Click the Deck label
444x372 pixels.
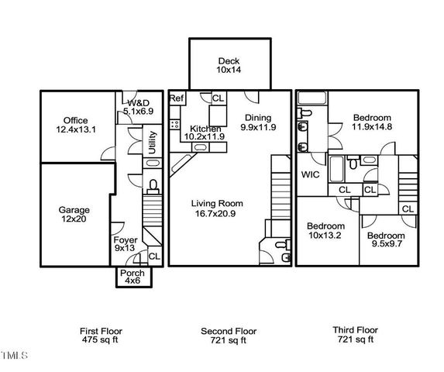click(229, 60)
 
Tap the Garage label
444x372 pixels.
click(74, 209)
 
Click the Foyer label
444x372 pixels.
click(126, 239)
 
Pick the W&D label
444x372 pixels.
click(138, 103)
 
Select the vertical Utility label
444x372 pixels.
click(153, 143)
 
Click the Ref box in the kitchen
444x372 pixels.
click(176, 98)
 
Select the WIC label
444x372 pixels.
click(311, 174)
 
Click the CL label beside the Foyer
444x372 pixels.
click(153, 256)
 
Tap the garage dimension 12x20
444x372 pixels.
click(74, 219)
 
